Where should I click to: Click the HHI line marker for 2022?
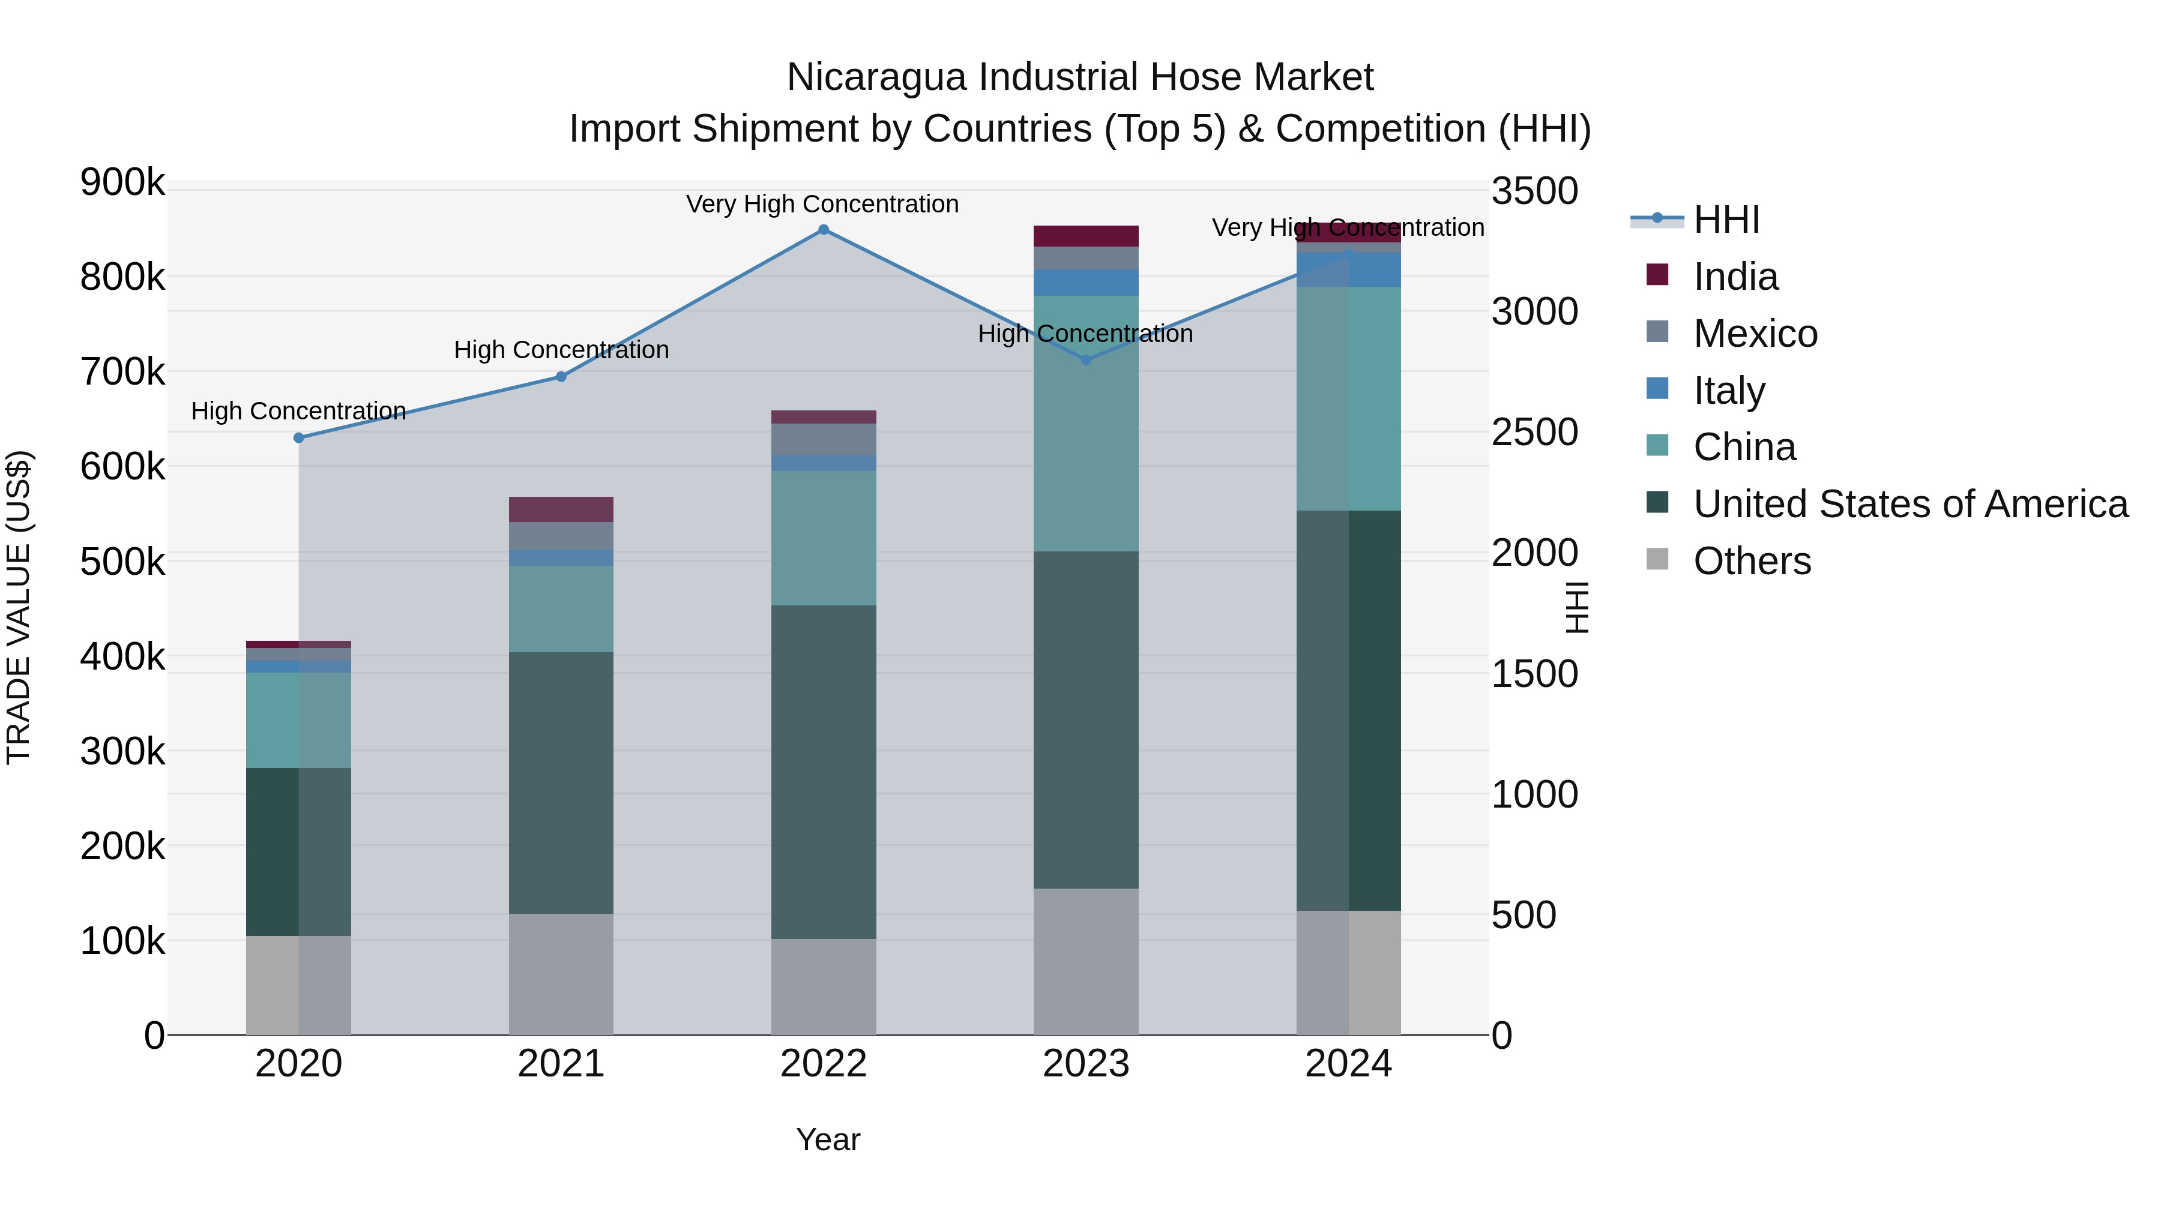click(x=823, y=230)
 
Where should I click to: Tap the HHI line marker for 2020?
click(x=299, y=438)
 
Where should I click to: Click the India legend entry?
click(x=1735, y=277)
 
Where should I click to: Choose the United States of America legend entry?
click(x=1909, y=504)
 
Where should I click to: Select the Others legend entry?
click(x=1752, y=561)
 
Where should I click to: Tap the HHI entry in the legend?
click(x=1726, y=220)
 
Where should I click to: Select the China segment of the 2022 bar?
click(x=823, y=538)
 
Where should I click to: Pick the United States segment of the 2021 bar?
click(x=561, y=782)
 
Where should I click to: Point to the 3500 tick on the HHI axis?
click(x=1534, y=191)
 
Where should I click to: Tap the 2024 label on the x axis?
click(x=1348, y=1064)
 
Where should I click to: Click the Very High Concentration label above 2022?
click(x=822, y=204)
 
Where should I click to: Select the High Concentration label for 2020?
click(x=299, y=411)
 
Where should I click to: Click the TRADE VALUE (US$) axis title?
click(x=19, y=607)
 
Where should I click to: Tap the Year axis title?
click(x=828, y=1139)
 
